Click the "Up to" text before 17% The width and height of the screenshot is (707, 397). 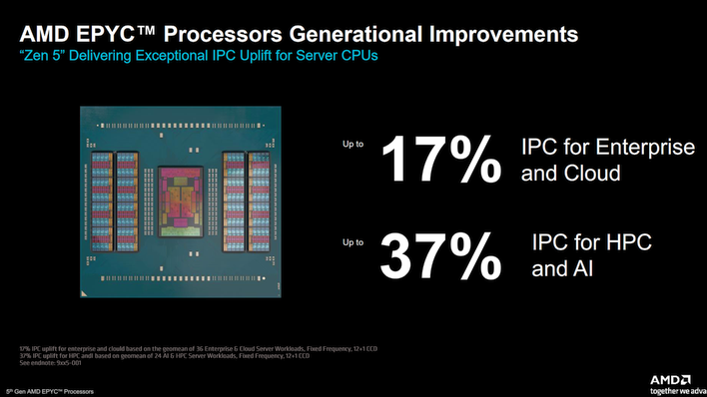tap(353, 145)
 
